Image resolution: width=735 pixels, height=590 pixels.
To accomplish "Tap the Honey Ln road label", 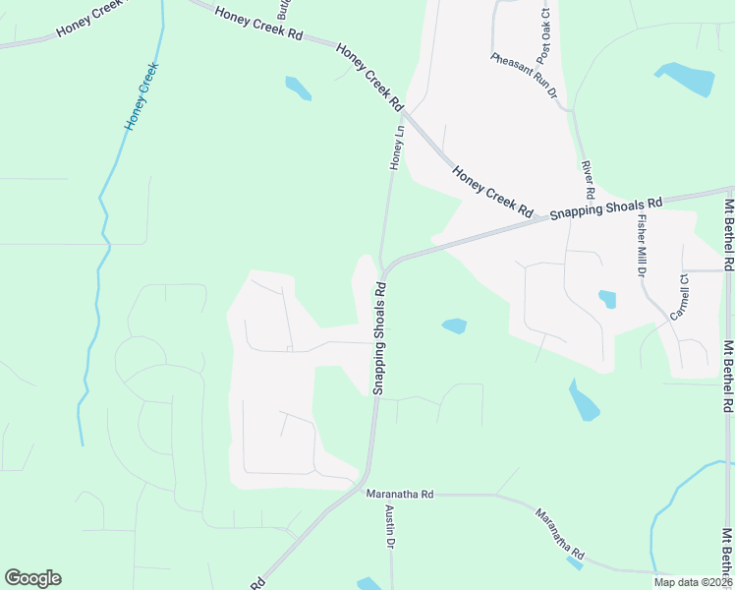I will [398, 147].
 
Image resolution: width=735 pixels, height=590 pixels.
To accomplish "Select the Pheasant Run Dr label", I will [524, 75].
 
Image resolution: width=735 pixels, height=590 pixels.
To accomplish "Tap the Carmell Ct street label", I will [680, 294].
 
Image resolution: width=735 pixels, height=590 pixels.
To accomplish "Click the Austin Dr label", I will [390, 527].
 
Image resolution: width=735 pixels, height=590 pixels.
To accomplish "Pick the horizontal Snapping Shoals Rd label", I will [606, 207].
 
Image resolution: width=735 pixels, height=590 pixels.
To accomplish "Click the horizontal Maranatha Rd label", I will [399, 494].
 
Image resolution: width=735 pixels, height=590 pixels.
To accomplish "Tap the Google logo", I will [32, 578].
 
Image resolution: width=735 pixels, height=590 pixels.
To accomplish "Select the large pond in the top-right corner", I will [686, 78].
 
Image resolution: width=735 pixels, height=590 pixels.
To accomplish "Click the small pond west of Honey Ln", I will [298, 88].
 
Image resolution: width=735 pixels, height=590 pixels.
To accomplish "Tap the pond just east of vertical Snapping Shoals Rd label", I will [454, 325].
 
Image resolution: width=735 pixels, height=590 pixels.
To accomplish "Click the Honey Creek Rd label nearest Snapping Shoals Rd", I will [492, 192].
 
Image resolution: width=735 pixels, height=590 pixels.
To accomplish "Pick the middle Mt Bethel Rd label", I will [728, 376].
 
